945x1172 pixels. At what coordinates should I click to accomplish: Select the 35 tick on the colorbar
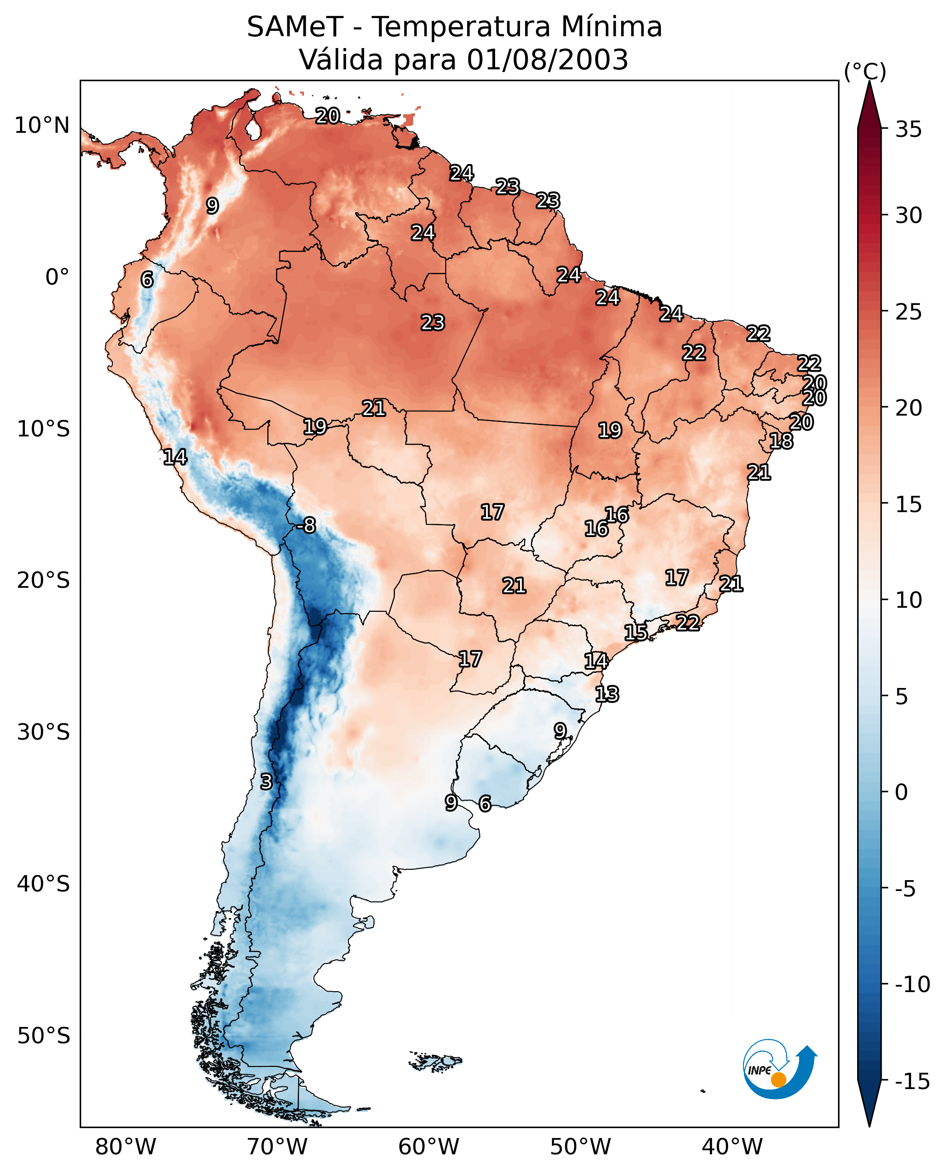point(908,130)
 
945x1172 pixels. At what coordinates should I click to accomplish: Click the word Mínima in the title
point(611,27)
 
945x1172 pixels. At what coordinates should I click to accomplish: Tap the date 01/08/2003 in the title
point(548,60)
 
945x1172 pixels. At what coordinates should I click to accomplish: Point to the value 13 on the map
point(607,694)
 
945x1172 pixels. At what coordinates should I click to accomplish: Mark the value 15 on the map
point(636,632)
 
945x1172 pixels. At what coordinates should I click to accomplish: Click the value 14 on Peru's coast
point(175,457)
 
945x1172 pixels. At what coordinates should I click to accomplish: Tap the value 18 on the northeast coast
point(781,441)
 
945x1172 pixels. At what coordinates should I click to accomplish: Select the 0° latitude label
point(57,277)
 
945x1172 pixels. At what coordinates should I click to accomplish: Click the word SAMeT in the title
point(295,27)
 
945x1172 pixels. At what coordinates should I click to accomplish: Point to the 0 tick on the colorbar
point(902,792)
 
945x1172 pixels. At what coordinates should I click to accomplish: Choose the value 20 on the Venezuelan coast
point(328,116)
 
